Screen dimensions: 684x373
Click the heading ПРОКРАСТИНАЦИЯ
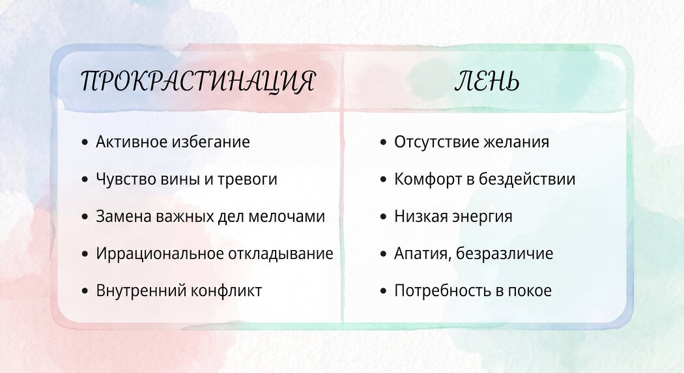(197, 81)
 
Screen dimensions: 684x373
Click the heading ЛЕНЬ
(487, 81)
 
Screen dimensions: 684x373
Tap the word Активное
(132, 142)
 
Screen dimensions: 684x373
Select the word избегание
(210, 142)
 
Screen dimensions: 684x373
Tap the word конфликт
(227, 290)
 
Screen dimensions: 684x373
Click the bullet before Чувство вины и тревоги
(85, 180)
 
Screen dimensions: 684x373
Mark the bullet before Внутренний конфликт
(85, 290)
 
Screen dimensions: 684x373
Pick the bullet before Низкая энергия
(384, 217)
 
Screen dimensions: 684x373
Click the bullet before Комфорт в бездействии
(384, 180)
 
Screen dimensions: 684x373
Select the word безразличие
(504, 254)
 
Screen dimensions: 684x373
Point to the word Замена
(124, 217)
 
